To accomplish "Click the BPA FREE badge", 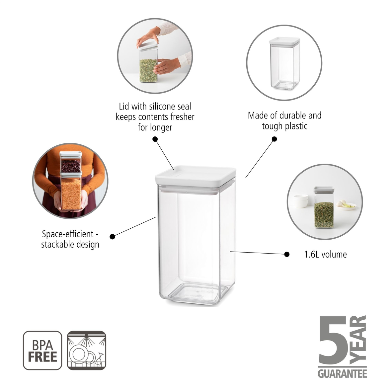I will (x=42, y=351).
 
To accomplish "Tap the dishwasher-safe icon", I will (x=87, y=351).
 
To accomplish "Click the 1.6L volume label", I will (x=325, y=255).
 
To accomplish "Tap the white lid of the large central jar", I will (x=196, y=175).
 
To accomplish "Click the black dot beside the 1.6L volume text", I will (x=287, y=255).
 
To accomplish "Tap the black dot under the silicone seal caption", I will (x=155, y=139).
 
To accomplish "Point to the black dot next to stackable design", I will (x=112, y=236).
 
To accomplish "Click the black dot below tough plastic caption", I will (x=274, y=139).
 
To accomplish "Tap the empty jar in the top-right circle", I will (x=284, y=64).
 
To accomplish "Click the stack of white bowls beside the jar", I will (x=300, y=201).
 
